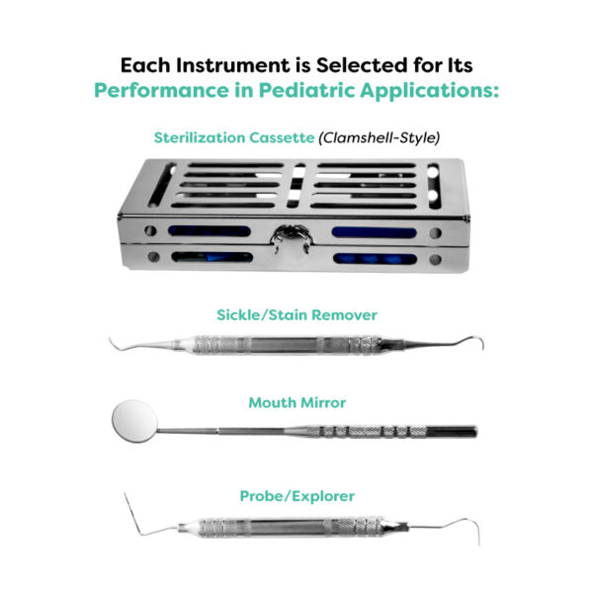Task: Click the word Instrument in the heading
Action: coord(232,65)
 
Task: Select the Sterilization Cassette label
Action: coord(234,137)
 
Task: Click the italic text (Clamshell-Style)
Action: coord(380,137)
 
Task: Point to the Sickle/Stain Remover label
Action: coord(296,315)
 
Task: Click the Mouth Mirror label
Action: coord(296,403)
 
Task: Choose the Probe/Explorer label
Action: coord(296,496)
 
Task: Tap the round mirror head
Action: coord(134,421)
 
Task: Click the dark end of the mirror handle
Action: coord(452,432)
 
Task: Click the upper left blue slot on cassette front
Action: coord(210,231)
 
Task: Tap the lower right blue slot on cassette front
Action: coord(375,259)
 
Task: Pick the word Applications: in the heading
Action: coord(429,90)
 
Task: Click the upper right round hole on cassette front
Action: coord(435,232)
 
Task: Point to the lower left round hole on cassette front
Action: coord(153,257)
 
